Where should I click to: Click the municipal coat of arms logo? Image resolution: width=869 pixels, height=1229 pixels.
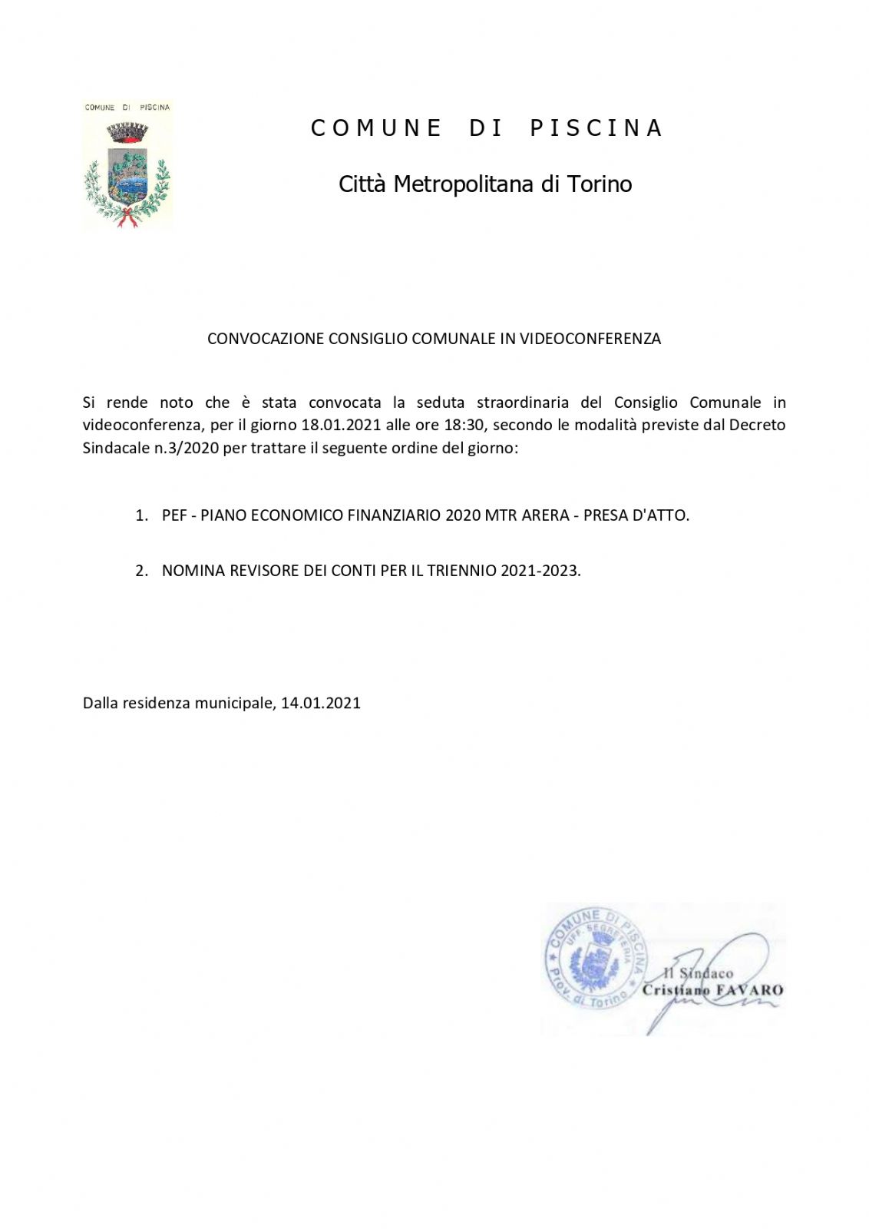(x=127, y=166)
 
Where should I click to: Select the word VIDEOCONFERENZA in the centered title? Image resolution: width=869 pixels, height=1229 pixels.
(x=590, y=339)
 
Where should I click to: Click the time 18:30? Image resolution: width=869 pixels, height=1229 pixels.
(x=464, y=425)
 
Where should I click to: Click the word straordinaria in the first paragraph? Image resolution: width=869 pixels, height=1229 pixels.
(x=523, y=402)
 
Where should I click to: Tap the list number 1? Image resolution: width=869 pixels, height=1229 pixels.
(x=141, y=515)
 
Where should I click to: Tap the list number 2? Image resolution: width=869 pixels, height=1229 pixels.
(x=141, y=571)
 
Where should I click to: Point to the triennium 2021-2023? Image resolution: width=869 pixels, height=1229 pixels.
(x=540, y=571)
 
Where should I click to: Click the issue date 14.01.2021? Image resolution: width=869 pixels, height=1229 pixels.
(x=321, y=703)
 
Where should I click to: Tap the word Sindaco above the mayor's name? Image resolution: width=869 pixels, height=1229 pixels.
(x=705, y=973)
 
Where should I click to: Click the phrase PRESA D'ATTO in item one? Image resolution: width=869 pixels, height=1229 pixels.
(x=636, y=515)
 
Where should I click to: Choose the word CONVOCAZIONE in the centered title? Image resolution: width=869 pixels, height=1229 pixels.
(x=266, y=339)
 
